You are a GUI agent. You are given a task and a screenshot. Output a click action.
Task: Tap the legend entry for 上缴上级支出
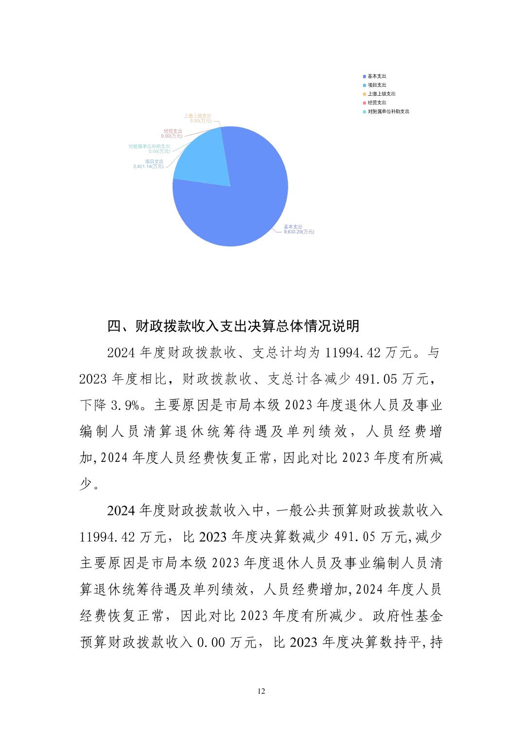pos(381,94)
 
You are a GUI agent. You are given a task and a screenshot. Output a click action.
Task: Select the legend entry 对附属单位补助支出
pos(388,111)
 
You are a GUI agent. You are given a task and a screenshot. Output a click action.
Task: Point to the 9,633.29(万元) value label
pos(299,232)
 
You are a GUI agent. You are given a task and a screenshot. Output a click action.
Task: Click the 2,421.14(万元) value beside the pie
pos(148,166)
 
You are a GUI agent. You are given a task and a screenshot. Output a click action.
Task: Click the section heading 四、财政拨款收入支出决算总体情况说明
pos(233,326)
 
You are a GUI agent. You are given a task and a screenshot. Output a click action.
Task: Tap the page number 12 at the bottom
pos(261,691)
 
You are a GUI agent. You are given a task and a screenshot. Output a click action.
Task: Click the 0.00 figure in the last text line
pos(210,643)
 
